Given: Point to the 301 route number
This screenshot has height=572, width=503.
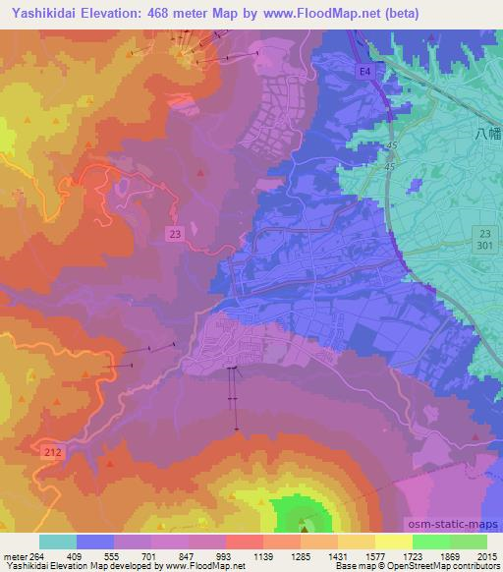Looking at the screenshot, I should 485,245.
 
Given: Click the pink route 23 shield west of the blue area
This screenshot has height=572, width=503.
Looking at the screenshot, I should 175,232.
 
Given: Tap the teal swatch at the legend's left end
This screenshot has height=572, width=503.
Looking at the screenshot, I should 57,542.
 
